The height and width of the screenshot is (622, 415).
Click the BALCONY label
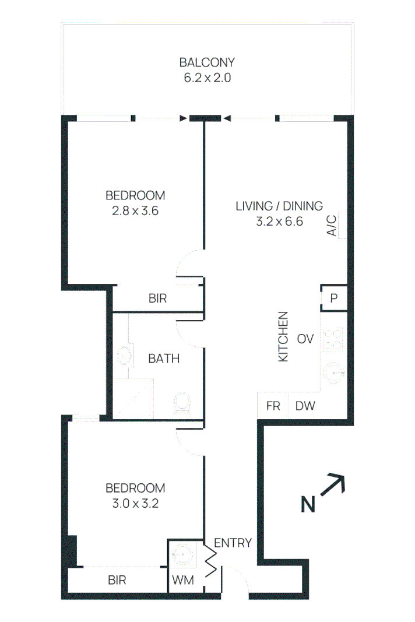(x=207, y=62)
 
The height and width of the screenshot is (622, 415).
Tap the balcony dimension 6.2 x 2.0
(x=207, y=78)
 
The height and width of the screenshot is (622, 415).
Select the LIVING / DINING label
(x=279, y=206)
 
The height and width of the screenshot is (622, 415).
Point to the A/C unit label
(x=332, y=226)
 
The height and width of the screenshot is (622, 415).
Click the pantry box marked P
(x=333, y=298)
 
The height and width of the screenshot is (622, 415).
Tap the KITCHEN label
(x=283, y=336)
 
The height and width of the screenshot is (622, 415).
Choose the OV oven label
(x=305, y=339)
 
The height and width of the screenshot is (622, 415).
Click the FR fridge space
(x=273, y=406)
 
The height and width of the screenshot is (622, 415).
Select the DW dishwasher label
(x=305, y=406)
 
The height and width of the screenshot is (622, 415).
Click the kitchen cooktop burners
(x=333, y=339)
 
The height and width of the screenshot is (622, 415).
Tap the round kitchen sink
(x=333, y=373)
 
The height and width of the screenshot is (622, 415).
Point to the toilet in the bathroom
(x=182, y=403)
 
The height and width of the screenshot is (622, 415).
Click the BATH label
(x=164, y=359)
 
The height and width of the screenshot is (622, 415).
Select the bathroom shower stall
(x=133, y=398)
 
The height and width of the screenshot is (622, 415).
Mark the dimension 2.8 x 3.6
(x=135, y=210)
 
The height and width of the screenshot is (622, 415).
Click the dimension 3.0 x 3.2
(x=135, y=504)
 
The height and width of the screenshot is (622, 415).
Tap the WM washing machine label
(x=183, y=580)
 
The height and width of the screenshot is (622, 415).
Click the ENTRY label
(x=233, y=543)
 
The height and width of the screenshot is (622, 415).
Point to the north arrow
(x=332, y=484)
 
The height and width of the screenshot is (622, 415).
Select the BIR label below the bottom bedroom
(x=117, y=580)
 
